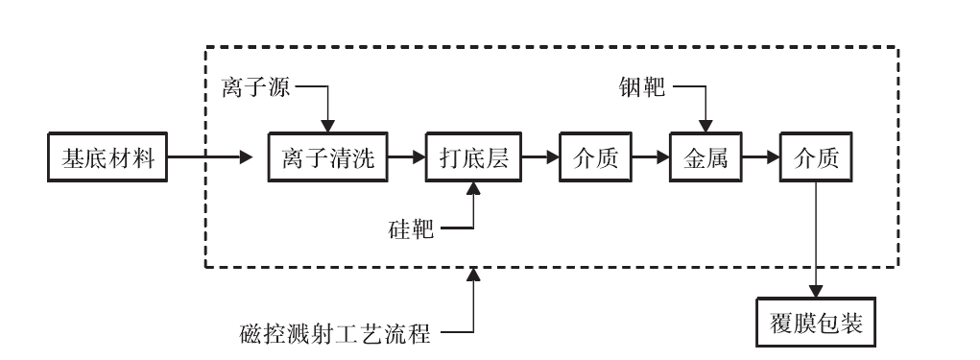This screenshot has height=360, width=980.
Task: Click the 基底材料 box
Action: (108, 159)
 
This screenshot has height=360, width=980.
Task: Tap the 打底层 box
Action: (473, 159)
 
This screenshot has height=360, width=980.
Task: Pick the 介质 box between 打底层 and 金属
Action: (596, 159)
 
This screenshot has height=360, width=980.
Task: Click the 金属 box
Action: (705, 159)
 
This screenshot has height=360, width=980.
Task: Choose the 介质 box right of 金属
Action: (816, 159)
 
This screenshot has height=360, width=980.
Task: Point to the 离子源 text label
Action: (256, 89)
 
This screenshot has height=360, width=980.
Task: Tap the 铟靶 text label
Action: (642, 89)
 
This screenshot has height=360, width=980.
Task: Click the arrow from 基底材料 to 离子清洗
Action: (216, 159)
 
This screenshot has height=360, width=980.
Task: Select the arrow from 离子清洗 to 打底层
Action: (408, 159)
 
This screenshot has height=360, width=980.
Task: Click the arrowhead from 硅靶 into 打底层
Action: (473, 192)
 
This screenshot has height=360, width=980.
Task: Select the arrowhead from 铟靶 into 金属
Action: (705, 126)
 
